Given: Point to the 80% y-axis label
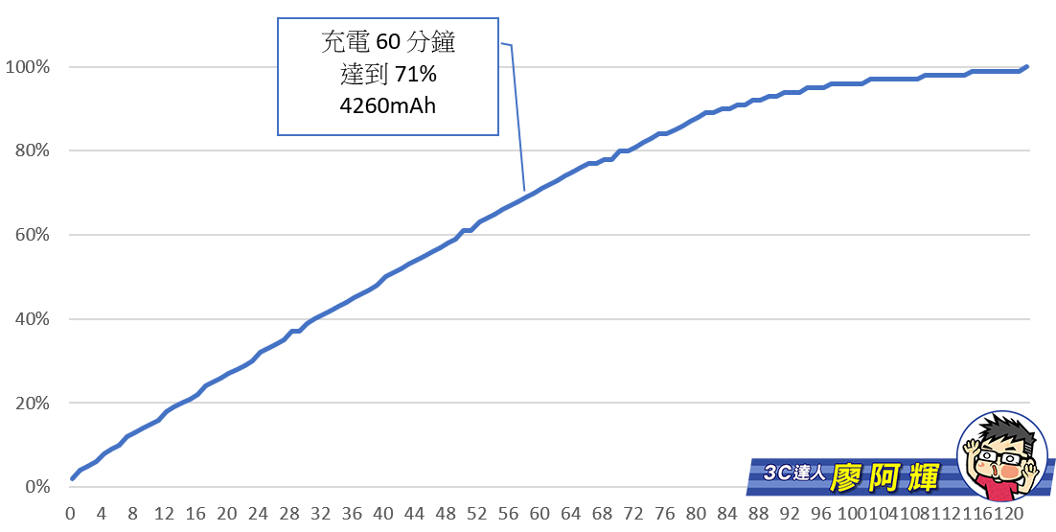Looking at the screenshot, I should [x=31, y=151].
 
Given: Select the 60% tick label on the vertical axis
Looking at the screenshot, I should [x=31, y=235].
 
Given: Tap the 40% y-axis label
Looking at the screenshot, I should [x=31, y=319].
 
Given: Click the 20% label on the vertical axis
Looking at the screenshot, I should [x=31, y=403].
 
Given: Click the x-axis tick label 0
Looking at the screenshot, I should [x=70, y=514].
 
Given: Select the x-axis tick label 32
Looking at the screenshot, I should [x=320, y=514].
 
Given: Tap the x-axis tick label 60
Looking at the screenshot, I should [x=539, y=514].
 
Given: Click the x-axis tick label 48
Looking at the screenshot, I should [x=446, y=514].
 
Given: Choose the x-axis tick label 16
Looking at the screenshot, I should [x=195, y=514].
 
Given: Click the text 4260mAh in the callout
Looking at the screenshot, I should [x=387, y=105].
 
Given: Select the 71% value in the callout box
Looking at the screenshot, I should [x=416, y=75].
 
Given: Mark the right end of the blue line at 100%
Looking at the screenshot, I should [x=1027, y=67].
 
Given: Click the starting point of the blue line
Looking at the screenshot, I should [x=71, y=478].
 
